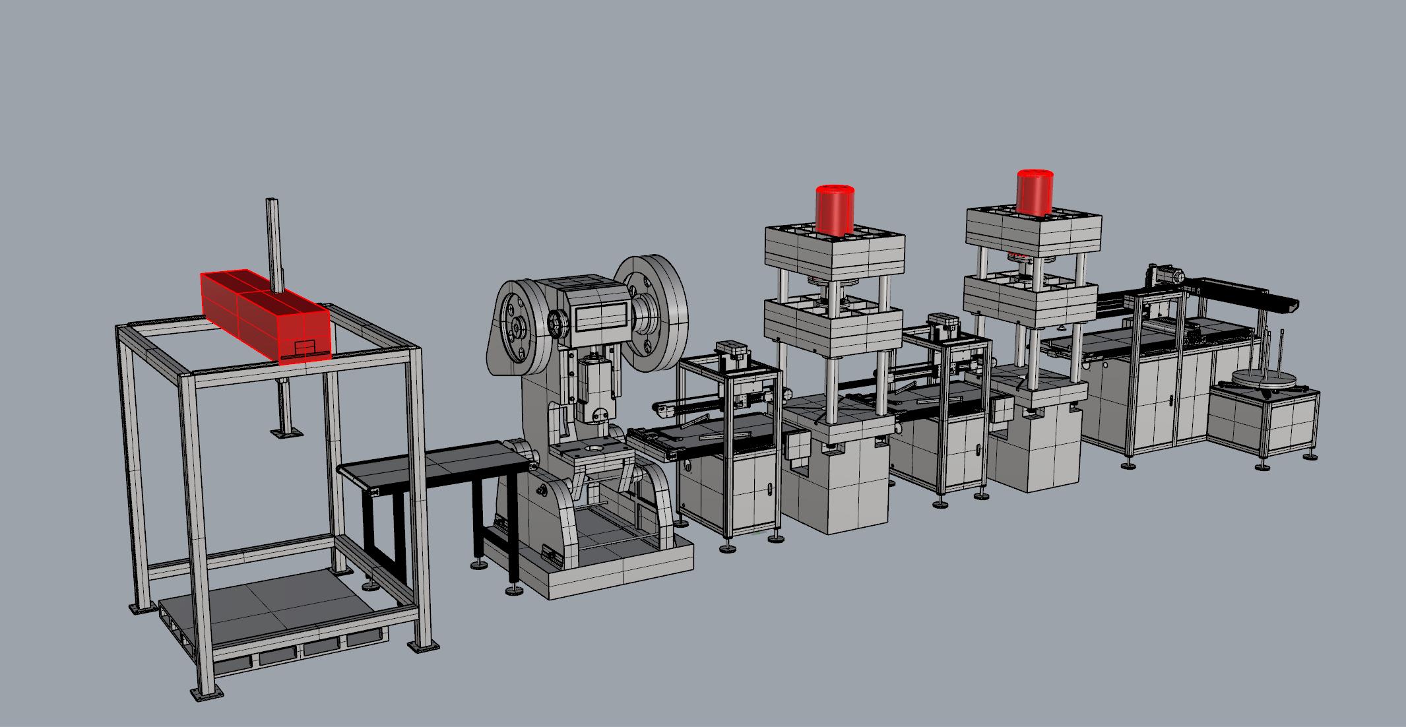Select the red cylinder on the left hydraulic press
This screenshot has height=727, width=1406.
(x=835, y=210)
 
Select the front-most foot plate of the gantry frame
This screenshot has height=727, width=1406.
(x=204, y=693)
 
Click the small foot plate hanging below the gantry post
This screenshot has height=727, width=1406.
(x=287, y=433)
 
